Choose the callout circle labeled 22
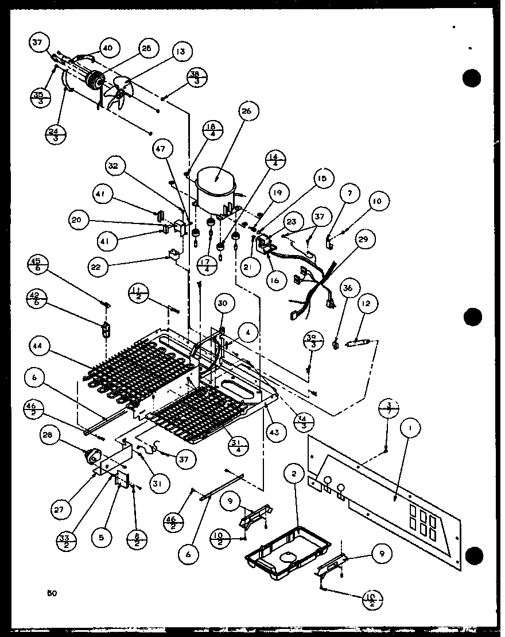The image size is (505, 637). pos(97,267)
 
